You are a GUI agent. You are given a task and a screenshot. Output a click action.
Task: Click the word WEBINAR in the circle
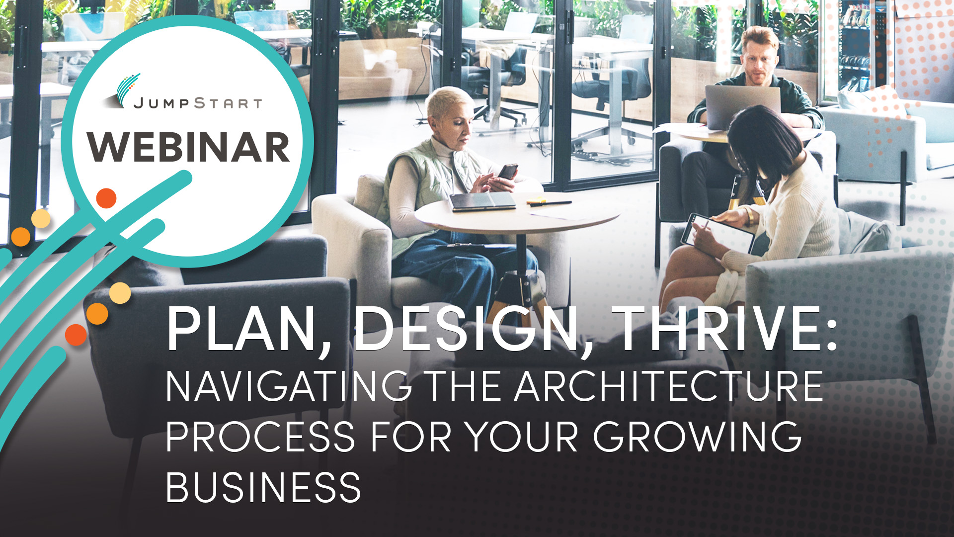pyautogui.click(x=188, y=147)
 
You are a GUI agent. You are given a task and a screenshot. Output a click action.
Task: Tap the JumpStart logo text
pyautogui.click(x=197, y=103)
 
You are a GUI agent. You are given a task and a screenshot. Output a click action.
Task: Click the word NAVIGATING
pyautogui.click(x=289, y=386)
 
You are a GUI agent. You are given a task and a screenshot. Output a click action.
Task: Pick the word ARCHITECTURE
pyautogui.click(x=669, y=386)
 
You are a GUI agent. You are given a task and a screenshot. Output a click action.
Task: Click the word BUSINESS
pyautogui.click(x=263, y=487)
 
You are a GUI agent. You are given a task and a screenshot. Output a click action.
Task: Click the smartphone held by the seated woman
pyautogui.click(x=508, y=172)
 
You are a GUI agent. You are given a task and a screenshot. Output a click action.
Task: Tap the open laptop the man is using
pyautogui.click(x=742, y=106)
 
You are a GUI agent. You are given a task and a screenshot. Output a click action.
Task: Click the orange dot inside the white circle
pyautogui.click(x=106, y=198)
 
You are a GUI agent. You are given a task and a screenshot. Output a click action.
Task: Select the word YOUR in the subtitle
pyautogui.click(x=521, y=437)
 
